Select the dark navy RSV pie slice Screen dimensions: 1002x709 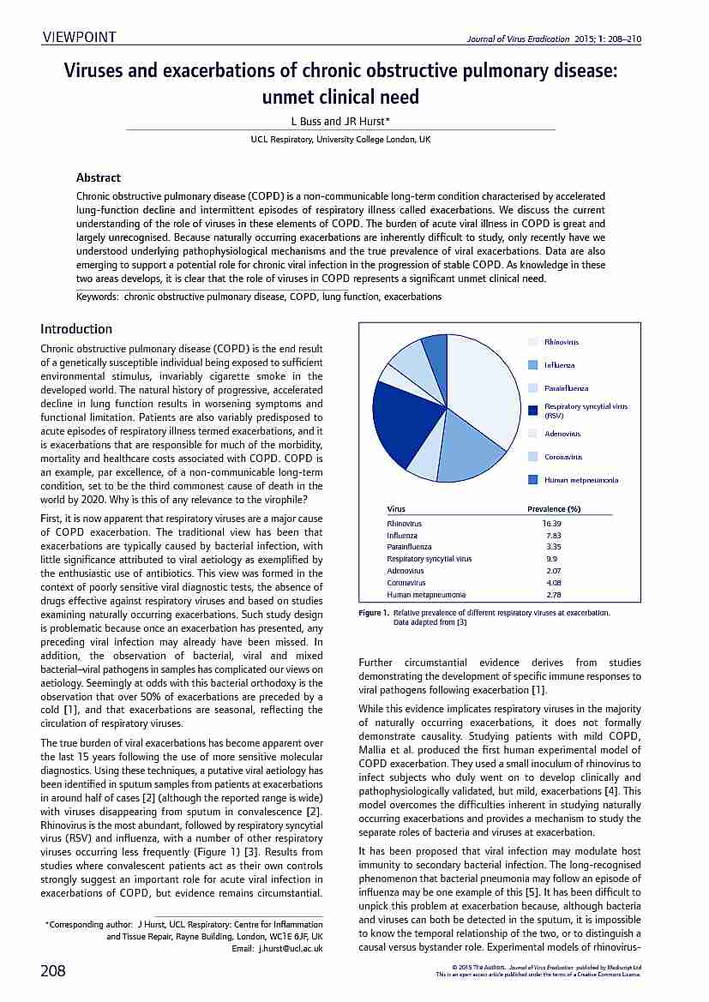(x=406, y=424)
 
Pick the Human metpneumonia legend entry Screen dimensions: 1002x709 (x=580, y=479)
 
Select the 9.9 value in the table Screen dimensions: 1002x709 (x=551, y=559)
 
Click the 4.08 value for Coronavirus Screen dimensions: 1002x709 (x=553, y=582)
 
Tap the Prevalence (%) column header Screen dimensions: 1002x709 (x=554, y=509)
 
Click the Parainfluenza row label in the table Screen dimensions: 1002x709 (x=410, y=547)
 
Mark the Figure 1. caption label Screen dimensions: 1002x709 (x=374, y=613)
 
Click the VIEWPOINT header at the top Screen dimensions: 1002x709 (x=79, y=36)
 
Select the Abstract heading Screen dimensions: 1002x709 (x=99, y=177)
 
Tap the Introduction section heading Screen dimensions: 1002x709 (x=76, y=328)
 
